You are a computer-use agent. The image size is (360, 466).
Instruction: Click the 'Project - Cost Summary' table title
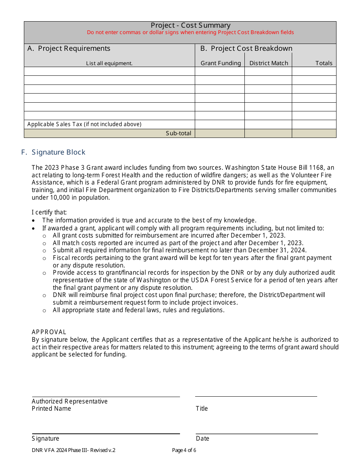click(190, 25)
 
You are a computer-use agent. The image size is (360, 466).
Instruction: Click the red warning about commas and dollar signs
click(190, 33)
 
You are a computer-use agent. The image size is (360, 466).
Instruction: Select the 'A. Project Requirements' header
click(69, 48)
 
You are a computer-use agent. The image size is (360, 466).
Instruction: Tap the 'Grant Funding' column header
click(221, 63)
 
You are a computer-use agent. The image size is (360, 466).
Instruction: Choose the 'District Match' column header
click(269, 63)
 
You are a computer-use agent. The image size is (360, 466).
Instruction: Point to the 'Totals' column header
click(324, 63)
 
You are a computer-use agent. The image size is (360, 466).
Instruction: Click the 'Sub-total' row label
click(178, 133)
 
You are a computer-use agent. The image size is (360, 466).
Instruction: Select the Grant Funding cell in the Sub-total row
click(219, 133)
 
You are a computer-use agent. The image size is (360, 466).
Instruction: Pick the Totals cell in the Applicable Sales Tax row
click(314, 124)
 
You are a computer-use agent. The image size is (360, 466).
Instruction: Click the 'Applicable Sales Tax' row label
click(84, 124)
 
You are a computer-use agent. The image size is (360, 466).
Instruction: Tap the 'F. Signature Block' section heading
click(53, 152)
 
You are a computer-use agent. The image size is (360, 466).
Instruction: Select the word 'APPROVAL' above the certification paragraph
click(49, 332)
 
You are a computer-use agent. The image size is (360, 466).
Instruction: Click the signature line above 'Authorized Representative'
click(106, 397)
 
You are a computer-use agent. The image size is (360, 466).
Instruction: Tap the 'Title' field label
click(202, 408)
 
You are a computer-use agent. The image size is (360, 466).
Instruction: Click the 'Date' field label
click(202, 438)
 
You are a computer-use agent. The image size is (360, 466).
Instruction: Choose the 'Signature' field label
click(45, 438)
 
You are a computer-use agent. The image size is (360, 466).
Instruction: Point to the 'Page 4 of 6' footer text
click(184, 450)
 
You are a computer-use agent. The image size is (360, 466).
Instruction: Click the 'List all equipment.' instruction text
click(109, 64)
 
